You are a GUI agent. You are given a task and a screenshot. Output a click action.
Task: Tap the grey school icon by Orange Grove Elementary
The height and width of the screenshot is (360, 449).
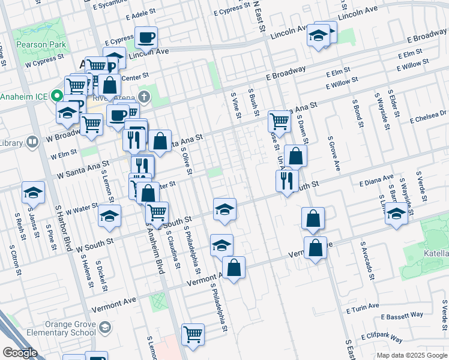pos(105,327)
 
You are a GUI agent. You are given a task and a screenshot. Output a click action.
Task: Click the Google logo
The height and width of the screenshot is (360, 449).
pos(20,353)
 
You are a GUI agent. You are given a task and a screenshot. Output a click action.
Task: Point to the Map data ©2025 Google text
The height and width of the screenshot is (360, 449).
pos(411,355)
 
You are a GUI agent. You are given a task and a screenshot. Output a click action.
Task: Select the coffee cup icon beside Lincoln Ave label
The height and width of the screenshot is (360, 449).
pos(146,38)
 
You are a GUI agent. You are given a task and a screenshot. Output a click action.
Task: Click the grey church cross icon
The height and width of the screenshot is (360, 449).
pos(143,96)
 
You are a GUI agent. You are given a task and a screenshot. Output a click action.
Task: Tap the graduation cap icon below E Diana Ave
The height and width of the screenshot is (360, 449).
pos(396,214)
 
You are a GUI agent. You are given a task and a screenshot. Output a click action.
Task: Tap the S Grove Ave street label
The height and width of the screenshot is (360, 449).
pos(333,153)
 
